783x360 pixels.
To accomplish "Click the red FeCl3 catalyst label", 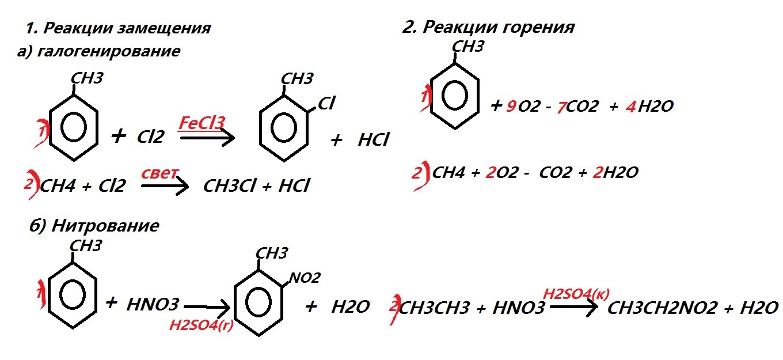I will (x=202, y=122).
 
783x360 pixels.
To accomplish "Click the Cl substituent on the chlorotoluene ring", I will (x=326, y=104).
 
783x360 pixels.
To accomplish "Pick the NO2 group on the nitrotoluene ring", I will (x=305, y=278).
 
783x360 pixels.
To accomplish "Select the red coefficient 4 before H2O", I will (x=629, y=107).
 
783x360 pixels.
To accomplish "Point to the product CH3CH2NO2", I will (x=662, y=308).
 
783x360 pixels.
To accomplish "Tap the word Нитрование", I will (x=105, y=226).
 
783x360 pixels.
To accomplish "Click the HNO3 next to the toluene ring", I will (x=153, y=305).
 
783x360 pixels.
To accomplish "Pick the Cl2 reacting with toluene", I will (x=151, y=137).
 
